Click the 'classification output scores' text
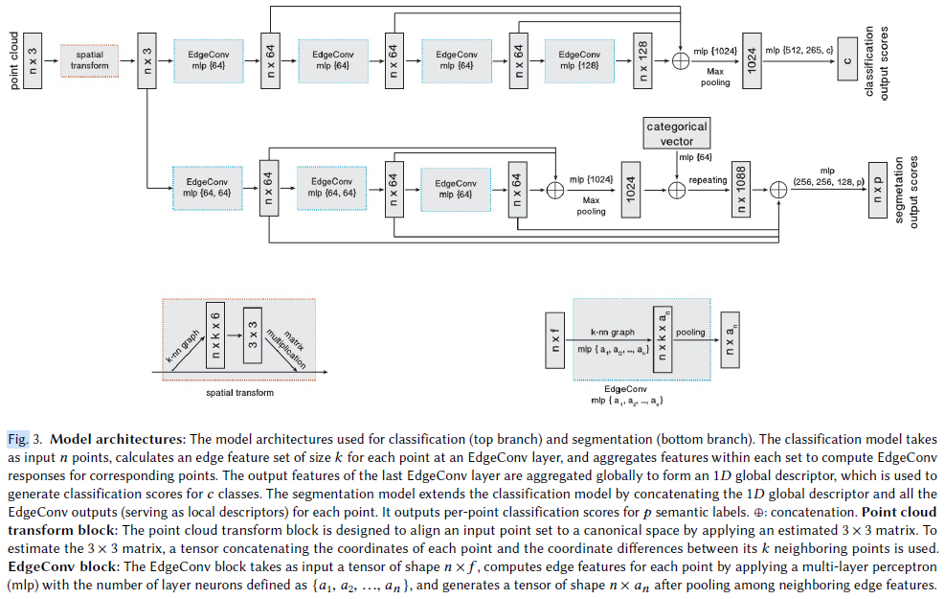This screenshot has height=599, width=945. (876, 58)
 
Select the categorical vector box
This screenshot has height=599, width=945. (677, 132)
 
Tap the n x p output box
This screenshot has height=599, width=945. (877, 187)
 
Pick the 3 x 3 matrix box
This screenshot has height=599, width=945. (252, 335)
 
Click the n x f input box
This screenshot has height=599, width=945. (552, 340)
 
